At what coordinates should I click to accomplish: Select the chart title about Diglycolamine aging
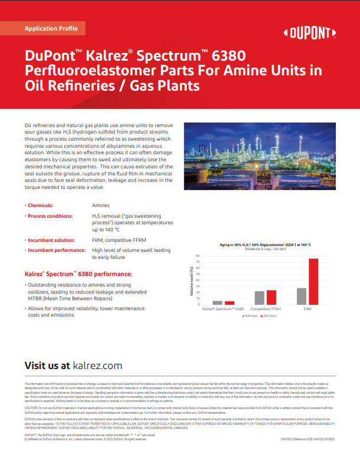(261, 244)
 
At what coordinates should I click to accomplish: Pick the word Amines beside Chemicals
(101, 205)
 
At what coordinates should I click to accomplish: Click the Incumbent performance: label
(56, 250)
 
